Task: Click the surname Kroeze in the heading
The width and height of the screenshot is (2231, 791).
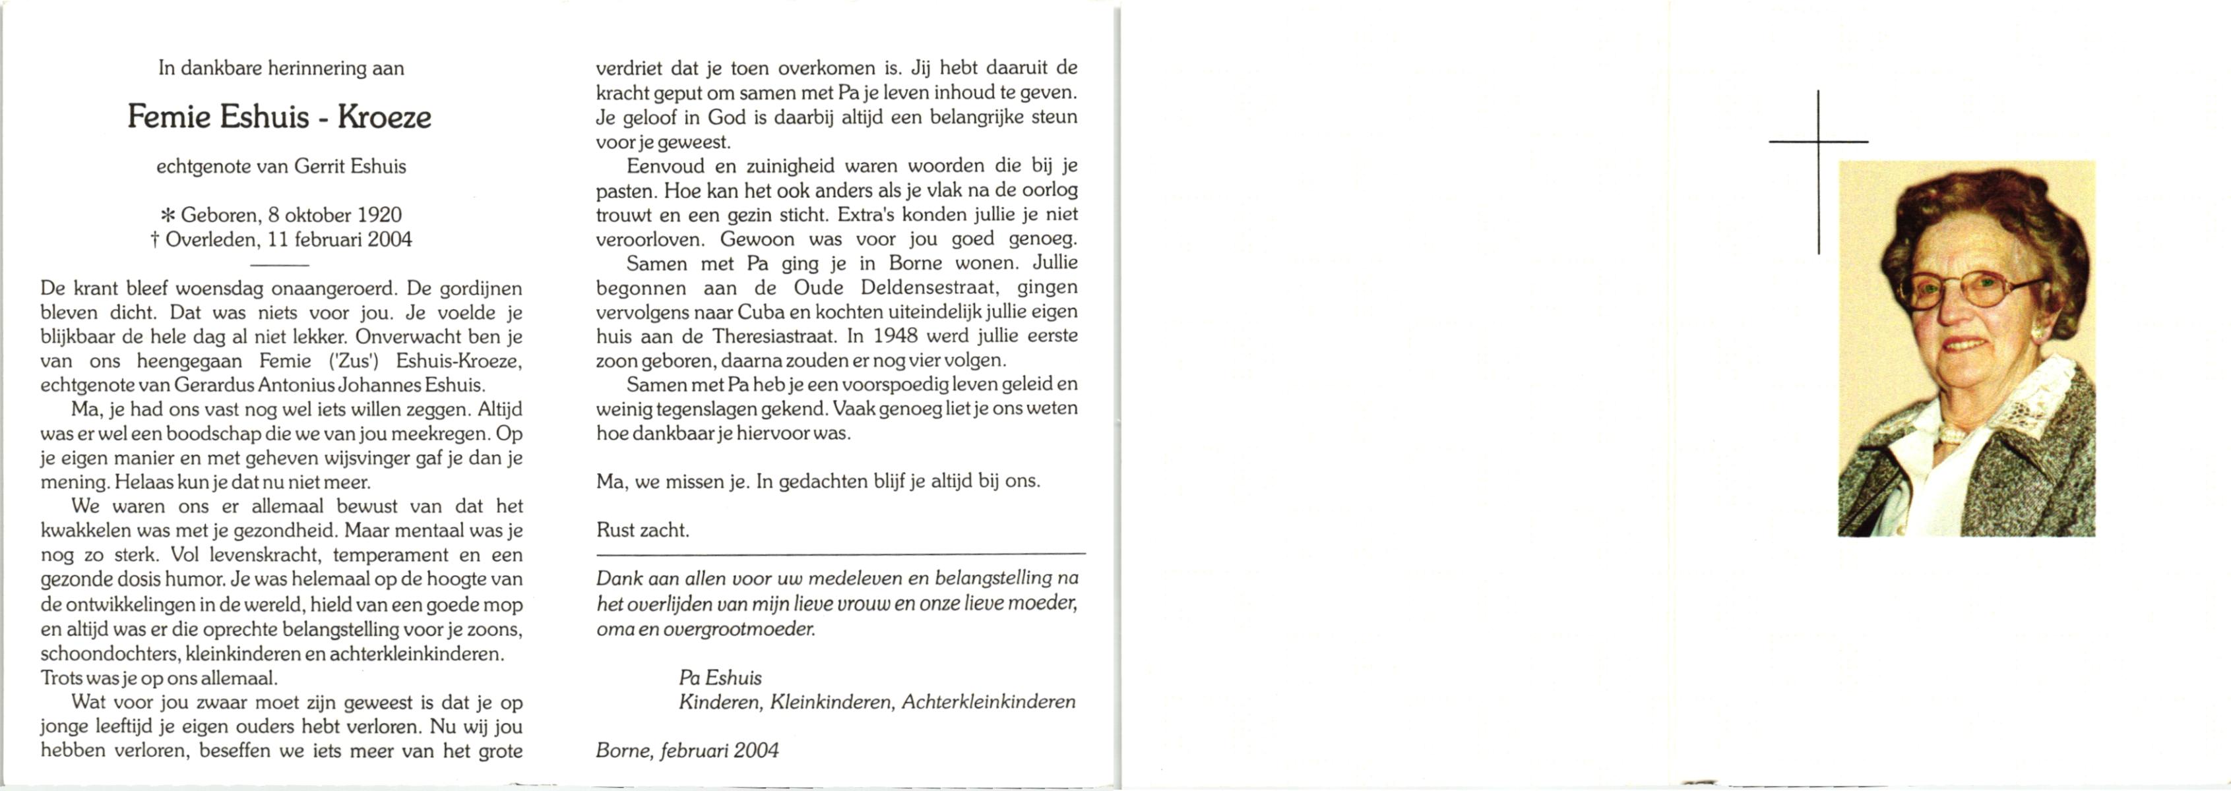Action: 384,117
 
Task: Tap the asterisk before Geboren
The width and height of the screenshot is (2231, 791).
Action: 168,216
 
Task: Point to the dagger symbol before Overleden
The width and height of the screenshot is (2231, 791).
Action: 155,240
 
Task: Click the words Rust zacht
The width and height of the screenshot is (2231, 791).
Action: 642,530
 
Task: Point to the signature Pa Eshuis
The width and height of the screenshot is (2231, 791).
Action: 720,678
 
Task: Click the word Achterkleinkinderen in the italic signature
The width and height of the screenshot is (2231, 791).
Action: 988,702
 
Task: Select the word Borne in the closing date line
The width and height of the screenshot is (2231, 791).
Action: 623,750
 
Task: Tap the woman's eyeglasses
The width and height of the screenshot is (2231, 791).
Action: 1966,289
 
